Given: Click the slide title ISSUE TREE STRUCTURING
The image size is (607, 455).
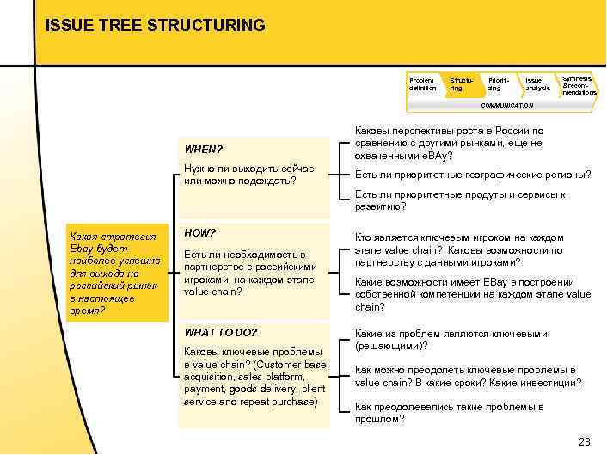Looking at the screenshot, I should point(155,25).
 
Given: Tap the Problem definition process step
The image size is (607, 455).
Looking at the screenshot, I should point(422,84).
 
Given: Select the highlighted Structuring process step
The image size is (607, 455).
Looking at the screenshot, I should point(457,84).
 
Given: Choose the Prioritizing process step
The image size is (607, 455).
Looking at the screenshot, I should point(496,84).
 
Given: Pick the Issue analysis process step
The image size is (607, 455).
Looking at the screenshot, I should point(537,84).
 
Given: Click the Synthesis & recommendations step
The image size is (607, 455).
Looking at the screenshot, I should point(578,84).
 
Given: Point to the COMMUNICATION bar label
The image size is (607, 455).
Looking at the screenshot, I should point(506,105).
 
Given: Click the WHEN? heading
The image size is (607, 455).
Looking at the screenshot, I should point(203,150).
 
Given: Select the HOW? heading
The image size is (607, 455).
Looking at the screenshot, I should point(199,233).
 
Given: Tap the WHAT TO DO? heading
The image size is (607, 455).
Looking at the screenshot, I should point(221,333).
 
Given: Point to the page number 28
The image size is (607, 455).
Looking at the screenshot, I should point(585,441).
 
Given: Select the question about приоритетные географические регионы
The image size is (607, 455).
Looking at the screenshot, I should point(473,175).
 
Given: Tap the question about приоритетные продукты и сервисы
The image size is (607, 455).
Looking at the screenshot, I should point(460,200).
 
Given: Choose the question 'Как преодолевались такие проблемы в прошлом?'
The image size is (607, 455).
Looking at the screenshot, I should point(449,413).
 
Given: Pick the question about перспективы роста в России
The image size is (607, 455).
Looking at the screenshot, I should point(449,143).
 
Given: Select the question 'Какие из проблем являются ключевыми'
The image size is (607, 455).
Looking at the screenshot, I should point(451,340).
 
